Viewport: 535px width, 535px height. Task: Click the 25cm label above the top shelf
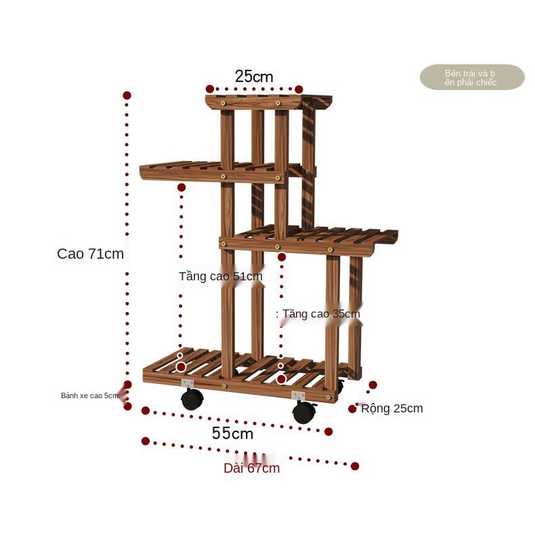click(254, 77)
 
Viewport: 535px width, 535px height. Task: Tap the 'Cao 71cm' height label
click(91, 254)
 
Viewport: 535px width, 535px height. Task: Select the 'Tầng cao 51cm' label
click(221, 276)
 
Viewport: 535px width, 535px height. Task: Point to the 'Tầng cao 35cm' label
click(321, 314)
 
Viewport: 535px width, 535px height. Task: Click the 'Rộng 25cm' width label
click(392, 408)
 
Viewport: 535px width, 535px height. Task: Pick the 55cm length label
click(232, 433)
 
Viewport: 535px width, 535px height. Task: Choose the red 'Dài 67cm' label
click(251, 468)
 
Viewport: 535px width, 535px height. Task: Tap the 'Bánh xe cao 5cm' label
click(90, 395)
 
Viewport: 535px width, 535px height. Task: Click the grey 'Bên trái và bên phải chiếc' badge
click(472, 77)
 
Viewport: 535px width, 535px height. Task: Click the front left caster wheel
click(192, 399)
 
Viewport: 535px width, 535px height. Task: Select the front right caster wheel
click(303, 412)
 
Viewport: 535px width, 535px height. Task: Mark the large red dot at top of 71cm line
click(127, 95)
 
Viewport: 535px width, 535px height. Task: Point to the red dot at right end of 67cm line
click(355, 466)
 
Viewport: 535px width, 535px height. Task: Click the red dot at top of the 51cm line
click(181, 188)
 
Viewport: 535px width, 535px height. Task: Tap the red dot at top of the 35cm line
click(282, 257)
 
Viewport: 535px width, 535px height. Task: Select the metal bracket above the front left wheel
click(188, 383)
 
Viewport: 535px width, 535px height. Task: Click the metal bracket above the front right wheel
click(298, 395)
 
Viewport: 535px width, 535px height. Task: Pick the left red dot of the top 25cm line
click(210, 89)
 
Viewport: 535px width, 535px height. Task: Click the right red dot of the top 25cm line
click(299, 89)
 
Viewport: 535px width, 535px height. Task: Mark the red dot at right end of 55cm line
click(328, 431)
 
